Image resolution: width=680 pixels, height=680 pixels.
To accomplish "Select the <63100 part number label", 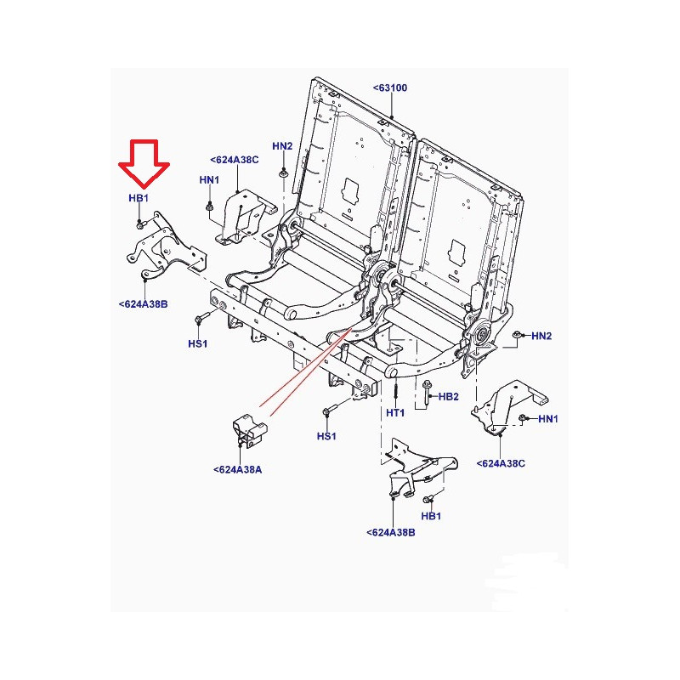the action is tap(390, 88).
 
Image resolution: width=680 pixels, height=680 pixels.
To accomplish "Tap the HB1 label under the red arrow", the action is tap(139, 198).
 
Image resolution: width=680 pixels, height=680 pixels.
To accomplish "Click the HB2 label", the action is tap(449, 396).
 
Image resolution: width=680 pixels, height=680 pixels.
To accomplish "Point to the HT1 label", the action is tap(395, 413).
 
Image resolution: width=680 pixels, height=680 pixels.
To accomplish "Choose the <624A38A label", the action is tap(238, 470).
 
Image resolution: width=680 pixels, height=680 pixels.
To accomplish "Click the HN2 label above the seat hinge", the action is tap(282, 146).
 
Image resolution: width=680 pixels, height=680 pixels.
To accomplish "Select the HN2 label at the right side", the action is tap(541, 336).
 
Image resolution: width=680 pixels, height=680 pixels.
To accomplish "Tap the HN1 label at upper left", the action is tap(209, 179).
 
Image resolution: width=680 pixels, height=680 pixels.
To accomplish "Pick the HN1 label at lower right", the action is tap(548, 419).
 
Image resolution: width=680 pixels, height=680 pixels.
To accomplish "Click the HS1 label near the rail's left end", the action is tap(198, 344).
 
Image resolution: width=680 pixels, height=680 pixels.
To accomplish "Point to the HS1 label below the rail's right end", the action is tap(326, 436).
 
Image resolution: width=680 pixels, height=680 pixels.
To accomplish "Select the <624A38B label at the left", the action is tap(143, 304).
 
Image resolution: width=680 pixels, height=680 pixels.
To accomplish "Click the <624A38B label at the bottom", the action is tap(391, 533).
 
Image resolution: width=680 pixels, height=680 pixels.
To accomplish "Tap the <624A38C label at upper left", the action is tap(235, 160).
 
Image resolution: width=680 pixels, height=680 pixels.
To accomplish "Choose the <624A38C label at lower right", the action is tap(501, 463).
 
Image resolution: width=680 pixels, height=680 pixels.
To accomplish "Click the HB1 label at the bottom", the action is tap(431, 516).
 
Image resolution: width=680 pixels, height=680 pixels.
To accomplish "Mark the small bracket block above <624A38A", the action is tap(250, 430).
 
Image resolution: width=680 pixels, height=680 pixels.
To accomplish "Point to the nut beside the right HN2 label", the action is tap(517, 334).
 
